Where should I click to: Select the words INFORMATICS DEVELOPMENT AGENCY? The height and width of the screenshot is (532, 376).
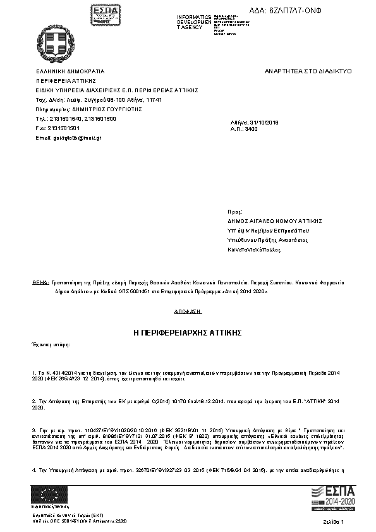click(x=194, y=22)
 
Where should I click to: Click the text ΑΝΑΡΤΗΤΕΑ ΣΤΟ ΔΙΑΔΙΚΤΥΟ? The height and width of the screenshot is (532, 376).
click(x=308, y=71)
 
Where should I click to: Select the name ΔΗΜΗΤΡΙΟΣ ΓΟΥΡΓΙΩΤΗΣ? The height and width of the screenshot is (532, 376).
click(x=97, y=109)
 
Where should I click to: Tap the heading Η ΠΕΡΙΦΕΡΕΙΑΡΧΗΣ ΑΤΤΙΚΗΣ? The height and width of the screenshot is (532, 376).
click(x=188, y=332)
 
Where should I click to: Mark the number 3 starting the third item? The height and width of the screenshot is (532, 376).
click(x=33, y=429)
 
